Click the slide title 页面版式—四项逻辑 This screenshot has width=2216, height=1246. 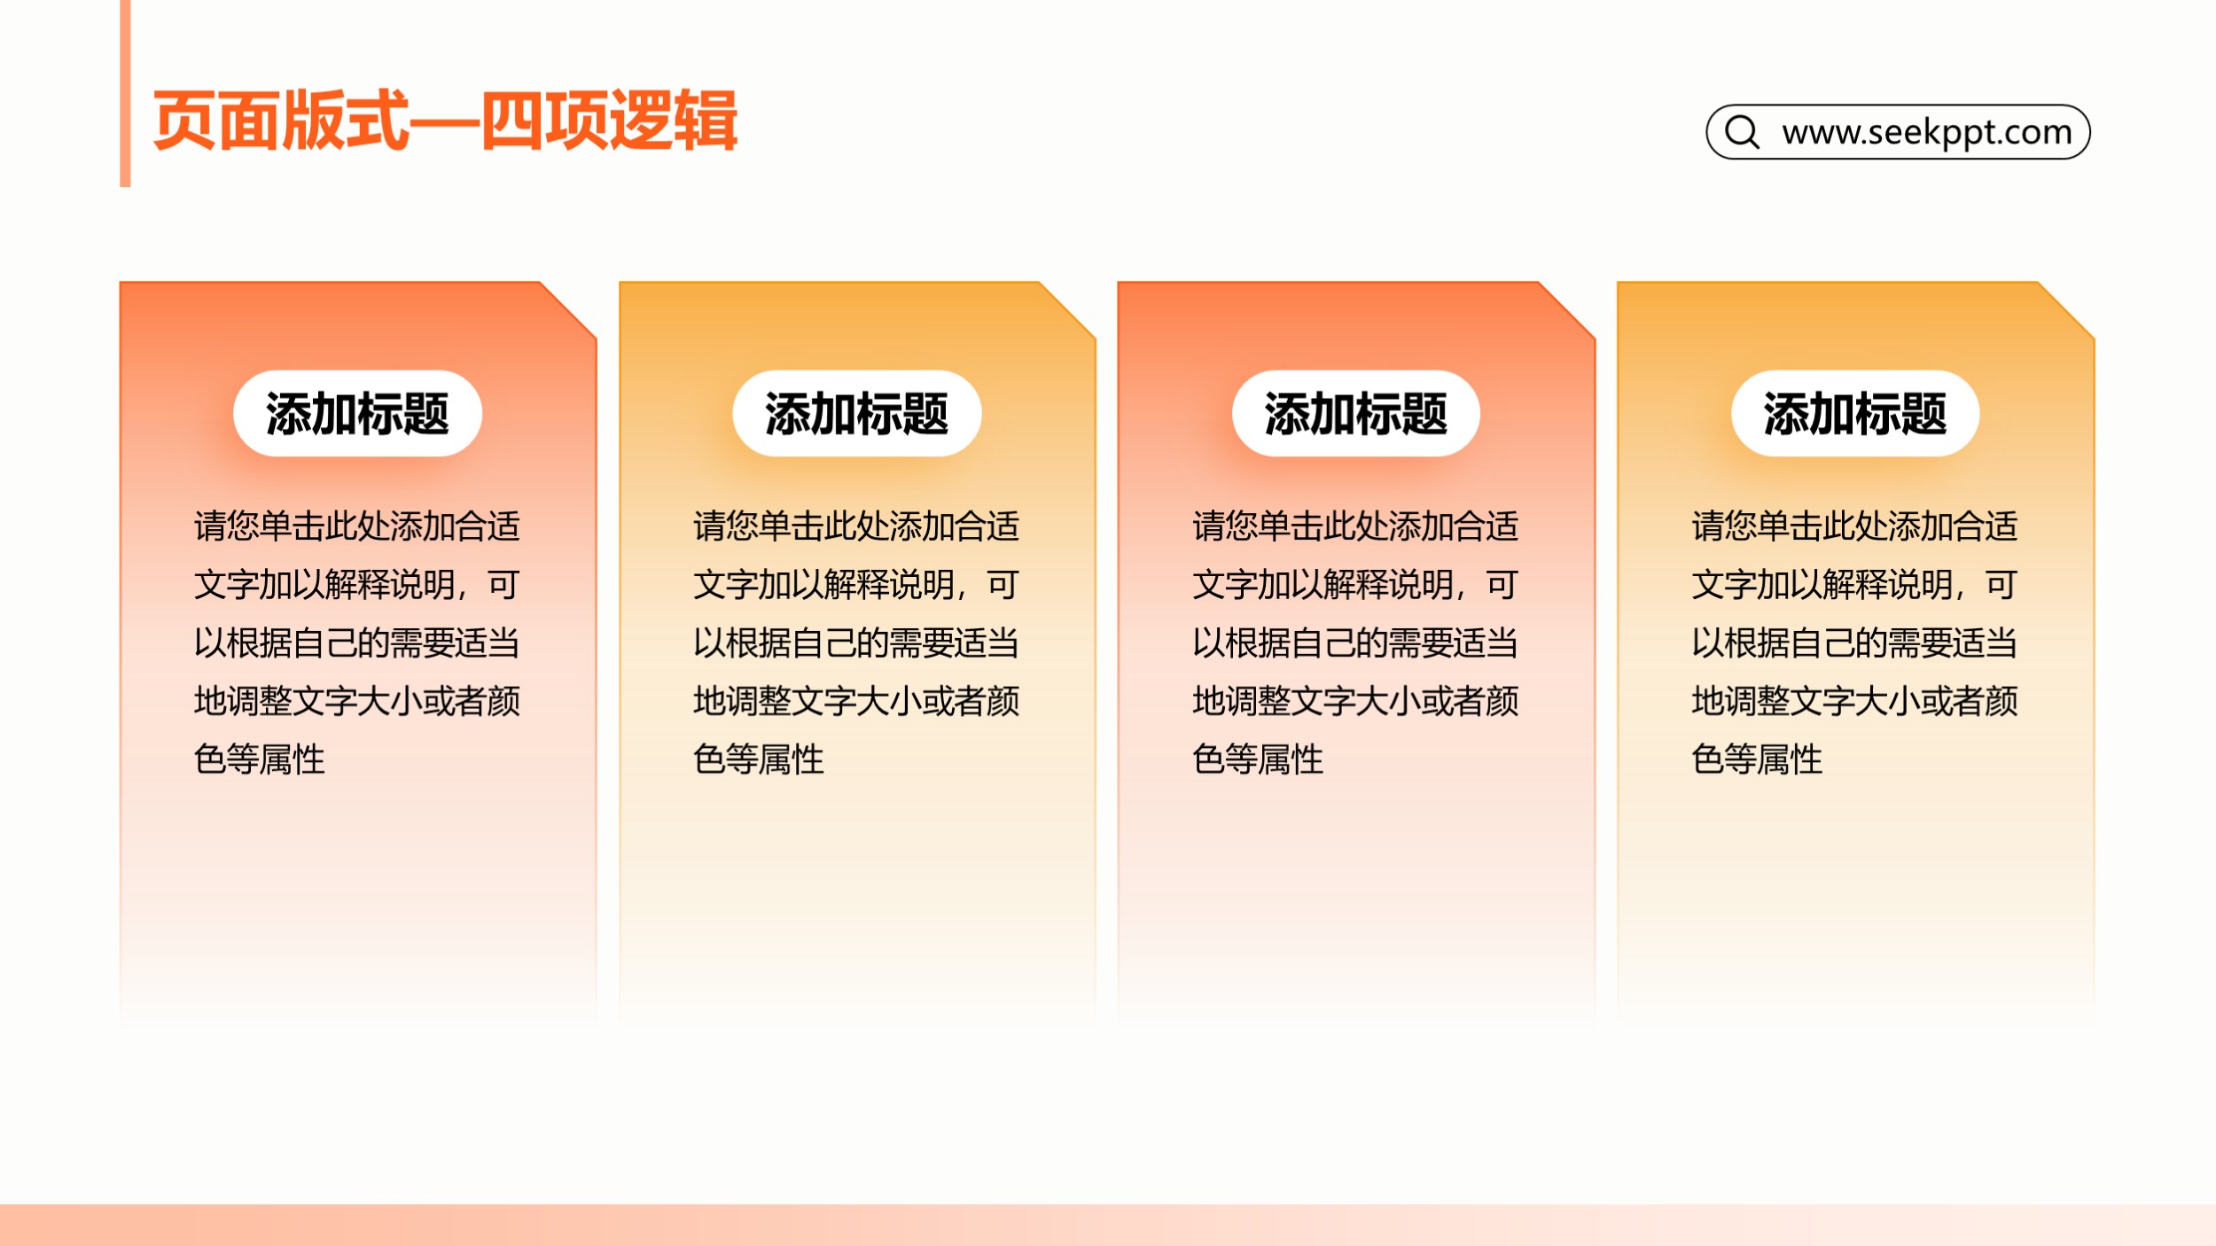445,121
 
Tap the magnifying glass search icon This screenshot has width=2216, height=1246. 1742,132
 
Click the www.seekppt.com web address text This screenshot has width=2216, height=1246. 1927,132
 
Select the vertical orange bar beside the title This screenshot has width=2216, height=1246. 125,93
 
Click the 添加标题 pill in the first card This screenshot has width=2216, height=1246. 357,414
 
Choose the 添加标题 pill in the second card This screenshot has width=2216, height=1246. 856,414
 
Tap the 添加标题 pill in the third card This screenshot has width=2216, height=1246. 1355,414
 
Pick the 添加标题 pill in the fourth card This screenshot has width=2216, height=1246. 1855,414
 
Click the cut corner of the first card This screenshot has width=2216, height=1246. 568,310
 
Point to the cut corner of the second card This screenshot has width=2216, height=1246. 1067,310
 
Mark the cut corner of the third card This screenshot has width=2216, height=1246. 1567,310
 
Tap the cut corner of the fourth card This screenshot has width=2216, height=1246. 2066,310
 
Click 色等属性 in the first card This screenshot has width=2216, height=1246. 260,759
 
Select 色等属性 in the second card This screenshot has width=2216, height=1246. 759,759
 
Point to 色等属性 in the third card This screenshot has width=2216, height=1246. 1258,759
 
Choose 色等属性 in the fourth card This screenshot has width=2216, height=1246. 1757,759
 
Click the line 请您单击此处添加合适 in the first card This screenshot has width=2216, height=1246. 357,526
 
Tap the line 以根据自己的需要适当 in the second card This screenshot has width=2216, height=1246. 856,643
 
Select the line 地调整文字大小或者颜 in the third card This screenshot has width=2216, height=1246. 1355,701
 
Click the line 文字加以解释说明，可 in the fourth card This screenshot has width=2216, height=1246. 1854,585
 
